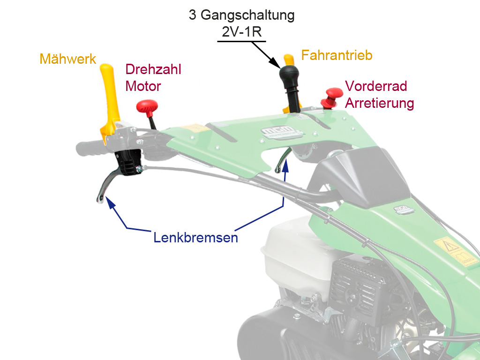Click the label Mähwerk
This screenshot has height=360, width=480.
67,59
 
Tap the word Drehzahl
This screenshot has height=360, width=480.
153,70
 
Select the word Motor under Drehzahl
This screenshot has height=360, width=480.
143,86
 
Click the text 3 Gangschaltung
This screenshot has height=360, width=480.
241,15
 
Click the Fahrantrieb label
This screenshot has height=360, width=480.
337,55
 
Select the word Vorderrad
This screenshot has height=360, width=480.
376,86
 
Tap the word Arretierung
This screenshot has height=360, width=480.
379,103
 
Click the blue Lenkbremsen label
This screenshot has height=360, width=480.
195,238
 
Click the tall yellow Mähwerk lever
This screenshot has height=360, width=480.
110,94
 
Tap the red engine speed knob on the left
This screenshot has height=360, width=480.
147,107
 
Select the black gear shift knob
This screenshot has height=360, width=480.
289,75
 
